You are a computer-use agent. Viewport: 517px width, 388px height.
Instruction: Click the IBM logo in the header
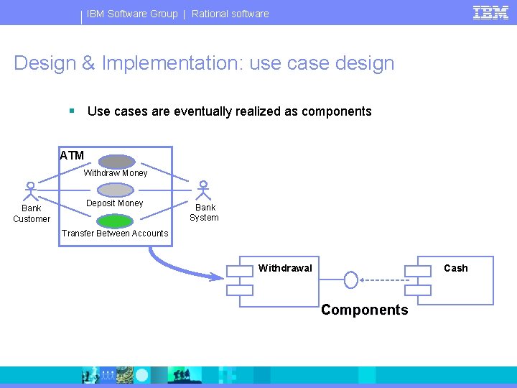coord(490,12)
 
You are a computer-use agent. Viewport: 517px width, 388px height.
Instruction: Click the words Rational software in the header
coord(230,14)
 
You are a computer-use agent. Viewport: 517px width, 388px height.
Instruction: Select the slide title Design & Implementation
coord(204,63)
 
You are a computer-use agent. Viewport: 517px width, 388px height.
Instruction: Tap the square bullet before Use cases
coord(72,111)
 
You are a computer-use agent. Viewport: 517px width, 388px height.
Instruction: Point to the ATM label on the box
coord(72,155)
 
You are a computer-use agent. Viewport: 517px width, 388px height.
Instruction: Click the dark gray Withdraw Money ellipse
coord(116,162)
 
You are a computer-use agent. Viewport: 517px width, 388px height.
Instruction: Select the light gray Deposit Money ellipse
coord(116,190)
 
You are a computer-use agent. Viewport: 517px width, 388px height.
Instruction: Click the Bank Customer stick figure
coord(30,190)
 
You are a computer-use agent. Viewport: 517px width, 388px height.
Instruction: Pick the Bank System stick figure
coord(204,190)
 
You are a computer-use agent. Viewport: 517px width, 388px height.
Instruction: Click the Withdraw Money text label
coord(116,173)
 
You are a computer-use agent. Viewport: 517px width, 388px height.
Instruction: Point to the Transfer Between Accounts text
coord(115,234)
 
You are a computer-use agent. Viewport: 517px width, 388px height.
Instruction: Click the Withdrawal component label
coord(285,269)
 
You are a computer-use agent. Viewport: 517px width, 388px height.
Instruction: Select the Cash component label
coord(455,269)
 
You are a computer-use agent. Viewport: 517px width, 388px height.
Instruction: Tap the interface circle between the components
coord(351,280)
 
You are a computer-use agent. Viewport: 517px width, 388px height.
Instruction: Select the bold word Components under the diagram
coord(364,310)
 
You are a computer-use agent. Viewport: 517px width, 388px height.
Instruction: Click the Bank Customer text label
coord(32,213)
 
